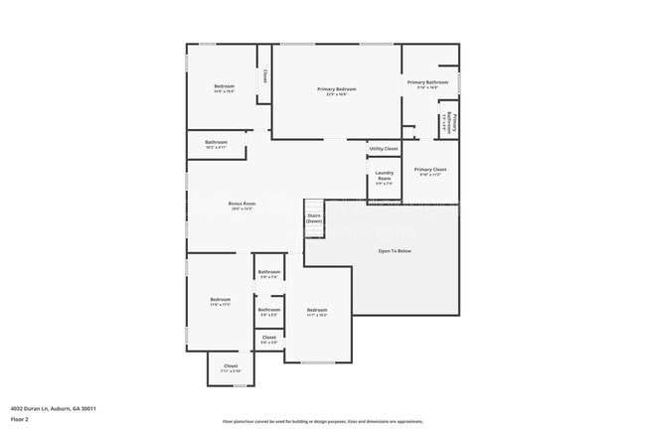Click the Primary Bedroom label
338,90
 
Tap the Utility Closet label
384,149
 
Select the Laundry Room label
384,178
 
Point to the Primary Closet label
430,170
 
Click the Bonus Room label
242,205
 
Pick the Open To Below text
395,251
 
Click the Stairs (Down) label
314,216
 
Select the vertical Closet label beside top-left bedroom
264,75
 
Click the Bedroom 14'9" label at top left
225,87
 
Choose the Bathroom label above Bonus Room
217,143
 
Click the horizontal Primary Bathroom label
428,82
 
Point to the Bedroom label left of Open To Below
317,311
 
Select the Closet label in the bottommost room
231,366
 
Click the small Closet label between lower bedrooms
269,339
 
